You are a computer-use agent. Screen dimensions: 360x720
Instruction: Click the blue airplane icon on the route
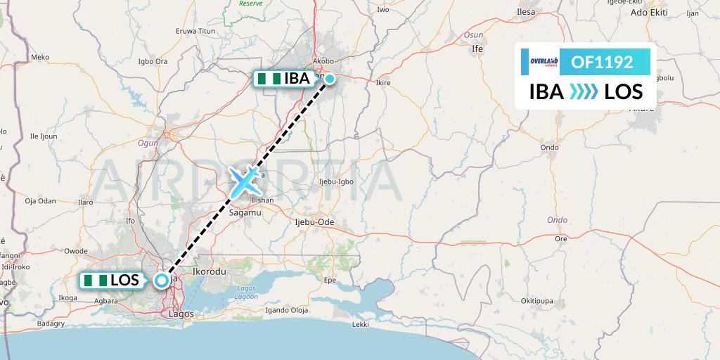point(244,182)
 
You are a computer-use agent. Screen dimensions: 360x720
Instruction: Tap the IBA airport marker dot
point(329,79)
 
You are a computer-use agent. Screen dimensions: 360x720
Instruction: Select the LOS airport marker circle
point(162,281)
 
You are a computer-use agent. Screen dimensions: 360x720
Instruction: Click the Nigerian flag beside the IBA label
point(268,79)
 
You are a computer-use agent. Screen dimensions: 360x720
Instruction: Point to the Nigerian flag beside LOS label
point(95,281)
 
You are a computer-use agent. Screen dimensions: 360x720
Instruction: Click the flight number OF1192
point(601,62)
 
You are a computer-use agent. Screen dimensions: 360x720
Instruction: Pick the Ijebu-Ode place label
point(314,222)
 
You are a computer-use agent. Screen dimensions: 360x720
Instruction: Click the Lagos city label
point(181,314)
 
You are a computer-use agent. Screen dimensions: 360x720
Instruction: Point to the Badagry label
point(40,323)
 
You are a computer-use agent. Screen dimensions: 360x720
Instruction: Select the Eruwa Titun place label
point(195,31)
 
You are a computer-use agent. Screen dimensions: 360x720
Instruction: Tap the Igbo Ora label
point(153,61)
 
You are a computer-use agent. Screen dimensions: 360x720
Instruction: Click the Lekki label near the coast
point(361,325)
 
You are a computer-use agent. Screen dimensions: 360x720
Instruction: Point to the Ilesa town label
point(525,12)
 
